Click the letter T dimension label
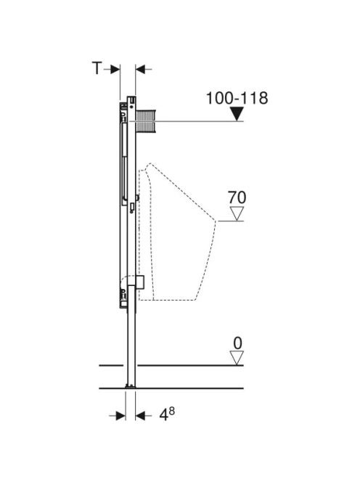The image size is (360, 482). click(x=97, y=68)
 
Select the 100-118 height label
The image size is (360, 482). click(x=237, y=98)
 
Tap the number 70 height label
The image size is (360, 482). click(x=237, y=197)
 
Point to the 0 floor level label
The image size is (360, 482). click(x=237, y=343)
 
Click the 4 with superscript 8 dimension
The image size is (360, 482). click(x=167, y=414)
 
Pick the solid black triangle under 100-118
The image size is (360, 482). click(x=237, y=114)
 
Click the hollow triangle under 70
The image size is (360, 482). click(x=237, y=213)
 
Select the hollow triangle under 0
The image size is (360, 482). click(x=237, y=358)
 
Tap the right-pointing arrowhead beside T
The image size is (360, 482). click(x=115, y=70)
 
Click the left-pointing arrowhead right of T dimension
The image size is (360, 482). click(x=141, y=70)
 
